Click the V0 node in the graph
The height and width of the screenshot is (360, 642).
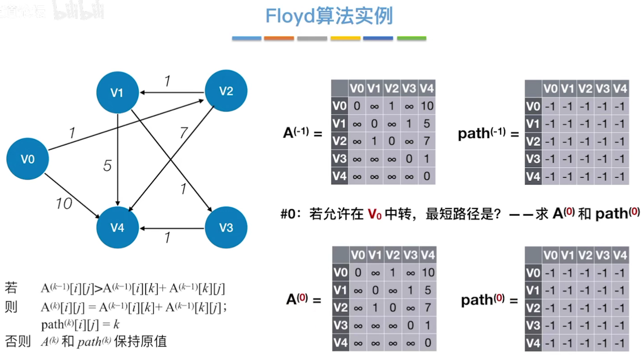(x=28, y=159)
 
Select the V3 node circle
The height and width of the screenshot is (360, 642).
(x=226, y=228)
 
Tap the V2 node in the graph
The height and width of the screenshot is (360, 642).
(x=226, y=91)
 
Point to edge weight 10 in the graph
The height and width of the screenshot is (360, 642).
(x=64, y=204)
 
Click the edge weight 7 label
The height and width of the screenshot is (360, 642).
(x=184, y=132)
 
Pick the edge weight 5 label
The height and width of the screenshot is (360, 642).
(x=107, y=166)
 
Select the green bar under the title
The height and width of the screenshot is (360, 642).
(x=411, y=39)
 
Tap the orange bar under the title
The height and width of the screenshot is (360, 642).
(x=279, y=39)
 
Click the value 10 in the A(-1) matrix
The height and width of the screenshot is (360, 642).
(x=427, y=106)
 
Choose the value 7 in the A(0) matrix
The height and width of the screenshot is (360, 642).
(x=427, y=308)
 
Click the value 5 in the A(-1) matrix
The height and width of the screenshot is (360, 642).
(x=427, y=124)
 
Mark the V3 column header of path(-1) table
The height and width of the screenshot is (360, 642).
(x=602, y=88)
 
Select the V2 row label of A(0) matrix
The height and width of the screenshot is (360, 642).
(x=340, y=308)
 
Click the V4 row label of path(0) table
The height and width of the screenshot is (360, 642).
(x=533, y=343)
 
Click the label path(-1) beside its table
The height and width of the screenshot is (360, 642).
(x=482, y=133)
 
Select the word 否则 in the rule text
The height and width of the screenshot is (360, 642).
(x=17, y=341)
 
